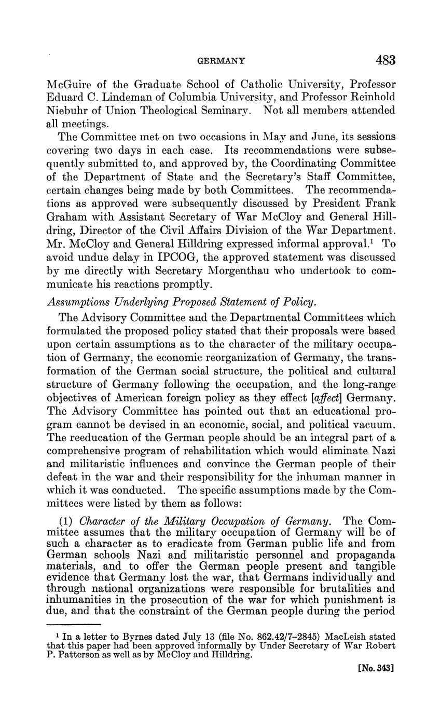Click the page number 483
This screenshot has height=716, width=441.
coord(385,60)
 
